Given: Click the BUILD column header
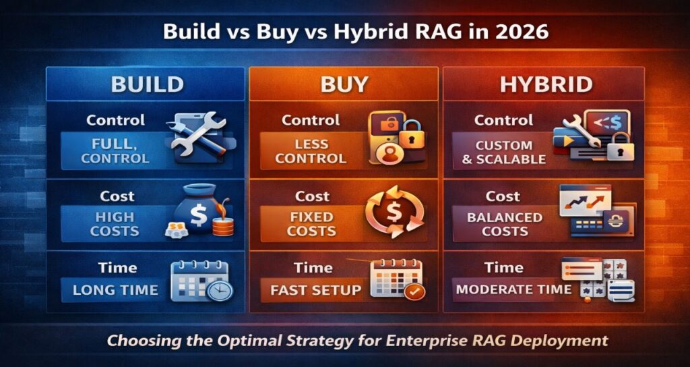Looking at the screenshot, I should click(x=147, y=84).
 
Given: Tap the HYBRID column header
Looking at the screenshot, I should click(x=537, y=84).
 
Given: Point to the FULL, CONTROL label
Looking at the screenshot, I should click(x=115, y=152).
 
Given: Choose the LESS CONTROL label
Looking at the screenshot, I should click(x=311, y=152).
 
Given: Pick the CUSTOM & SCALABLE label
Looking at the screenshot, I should click(x=504, y=152).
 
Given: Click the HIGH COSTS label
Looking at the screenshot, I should click(x=115, y=224).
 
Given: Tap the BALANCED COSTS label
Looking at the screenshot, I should click(x=505, y=224).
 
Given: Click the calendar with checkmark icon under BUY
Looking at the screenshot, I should click(x=397, y=279).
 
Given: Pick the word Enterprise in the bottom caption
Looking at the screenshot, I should click(x=414, y=340).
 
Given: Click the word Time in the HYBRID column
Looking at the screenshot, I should click(x=504, y=267).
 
